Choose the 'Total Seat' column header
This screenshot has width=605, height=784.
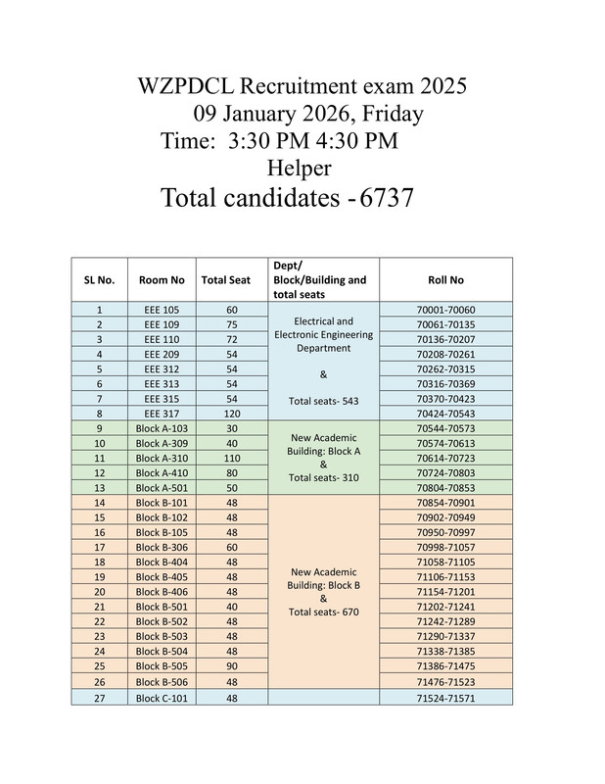(x=225, y=279)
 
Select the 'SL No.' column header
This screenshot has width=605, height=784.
(x=99, y=279)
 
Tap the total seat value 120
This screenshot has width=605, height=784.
(x=225, y=415)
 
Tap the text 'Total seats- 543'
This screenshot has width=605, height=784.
(x=323, y=400)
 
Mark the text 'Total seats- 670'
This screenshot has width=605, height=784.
(x=323, y=612)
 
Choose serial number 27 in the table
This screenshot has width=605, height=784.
(x=99, y=697)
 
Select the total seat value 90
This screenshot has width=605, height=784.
(x=225, y=666)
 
